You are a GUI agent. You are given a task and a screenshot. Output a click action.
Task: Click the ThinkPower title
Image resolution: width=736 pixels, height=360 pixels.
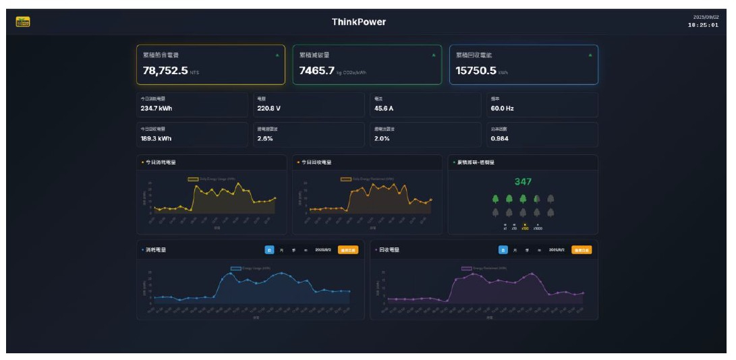pyautogui.click(x=359, y=22)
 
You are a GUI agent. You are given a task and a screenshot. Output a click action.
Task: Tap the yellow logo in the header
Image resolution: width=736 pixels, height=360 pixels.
pyautogui.click(x=23, y=22)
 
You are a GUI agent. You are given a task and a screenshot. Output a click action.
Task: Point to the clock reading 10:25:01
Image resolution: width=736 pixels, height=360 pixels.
pyautogui.click(x=703, y=25)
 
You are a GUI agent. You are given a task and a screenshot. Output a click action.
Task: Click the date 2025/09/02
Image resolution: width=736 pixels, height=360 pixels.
pyautogui.click(x=706, y=17)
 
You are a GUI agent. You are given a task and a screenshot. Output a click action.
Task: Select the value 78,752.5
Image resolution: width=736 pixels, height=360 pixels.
pyautogui.click(x=165, y=70)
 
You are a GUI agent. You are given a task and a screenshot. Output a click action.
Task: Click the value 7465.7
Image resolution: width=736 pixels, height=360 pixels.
pyautogui.click(x=317, y=70)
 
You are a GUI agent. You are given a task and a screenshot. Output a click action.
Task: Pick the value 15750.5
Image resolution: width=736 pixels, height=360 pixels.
pyautogui.click(x=476, y=70)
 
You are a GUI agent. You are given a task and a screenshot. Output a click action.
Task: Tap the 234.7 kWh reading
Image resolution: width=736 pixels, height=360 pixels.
pyautogui.click(x=156, y=108)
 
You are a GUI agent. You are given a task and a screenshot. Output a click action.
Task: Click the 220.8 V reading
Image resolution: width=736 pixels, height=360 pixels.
pyautogui.click(x=268, y=108)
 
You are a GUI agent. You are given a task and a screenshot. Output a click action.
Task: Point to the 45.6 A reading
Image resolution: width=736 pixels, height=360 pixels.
pyautogui.click(x=385, y=108)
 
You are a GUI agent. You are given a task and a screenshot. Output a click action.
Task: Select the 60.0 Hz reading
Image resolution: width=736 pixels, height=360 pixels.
pyautogui.click(x=502, y=108)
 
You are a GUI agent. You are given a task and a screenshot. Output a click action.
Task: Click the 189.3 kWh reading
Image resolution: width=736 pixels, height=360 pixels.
pyautogui.click(x=156, y=138)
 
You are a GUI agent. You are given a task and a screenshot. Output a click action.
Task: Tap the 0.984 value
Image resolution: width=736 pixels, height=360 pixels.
pyautogui.click(x=500, y=138)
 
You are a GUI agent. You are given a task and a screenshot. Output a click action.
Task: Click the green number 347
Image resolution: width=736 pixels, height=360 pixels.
pyautogui.click(x=523, y=181)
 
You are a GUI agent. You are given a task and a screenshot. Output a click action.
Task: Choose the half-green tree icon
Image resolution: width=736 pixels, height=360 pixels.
pyautogui.click(x=537, y=199)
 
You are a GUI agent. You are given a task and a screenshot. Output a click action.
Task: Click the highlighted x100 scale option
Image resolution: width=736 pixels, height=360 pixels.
pyautogui.click(x=525, y=228)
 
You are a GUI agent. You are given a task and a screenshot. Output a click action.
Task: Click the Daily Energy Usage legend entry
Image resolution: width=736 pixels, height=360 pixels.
pyautogui.click(x=213, y=179)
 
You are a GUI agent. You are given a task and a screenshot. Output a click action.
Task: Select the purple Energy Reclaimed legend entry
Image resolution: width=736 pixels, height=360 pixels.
pyautogui.click(x=482, y=268)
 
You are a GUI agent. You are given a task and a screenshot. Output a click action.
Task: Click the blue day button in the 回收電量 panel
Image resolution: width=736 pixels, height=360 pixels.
pyautogui.click(x=503, y=249)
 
